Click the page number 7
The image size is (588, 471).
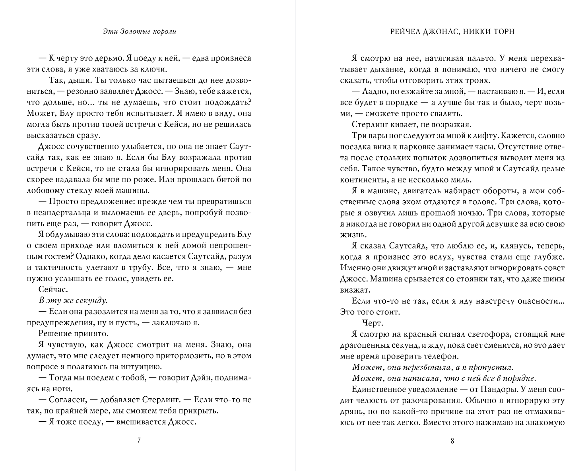coord(138,440)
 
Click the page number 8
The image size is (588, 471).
coord(452,440)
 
